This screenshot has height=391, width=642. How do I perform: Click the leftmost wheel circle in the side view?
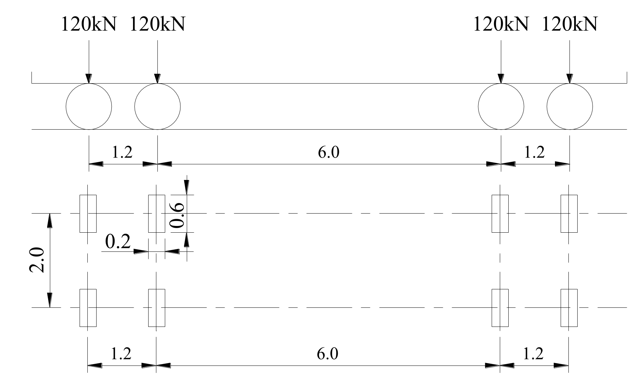tap(89, 106)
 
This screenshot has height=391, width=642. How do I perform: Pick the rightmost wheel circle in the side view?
tap(569, 106)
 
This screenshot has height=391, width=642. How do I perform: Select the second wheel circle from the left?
tap(157, 106)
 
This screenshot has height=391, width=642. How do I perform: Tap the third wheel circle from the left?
tap(501, 106)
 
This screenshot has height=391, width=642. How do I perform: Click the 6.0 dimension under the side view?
tap(329, 153)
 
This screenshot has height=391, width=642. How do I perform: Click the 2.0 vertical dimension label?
tap(37, 260)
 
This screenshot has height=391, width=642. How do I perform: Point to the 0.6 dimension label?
tap(177, 215)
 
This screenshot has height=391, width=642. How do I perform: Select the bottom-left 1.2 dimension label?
tap(121, 354)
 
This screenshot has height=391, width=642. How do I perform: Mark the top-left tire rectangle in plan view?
tap(88, 214)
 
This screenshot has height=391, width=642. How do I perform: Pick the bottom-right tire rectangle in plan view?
tap(569, 308)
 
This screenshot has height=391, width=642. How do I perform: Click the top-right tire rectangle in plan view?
tap(569, 214)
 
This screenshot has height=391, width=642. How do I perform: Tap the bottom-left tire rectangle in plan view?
tap(88, 308)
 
